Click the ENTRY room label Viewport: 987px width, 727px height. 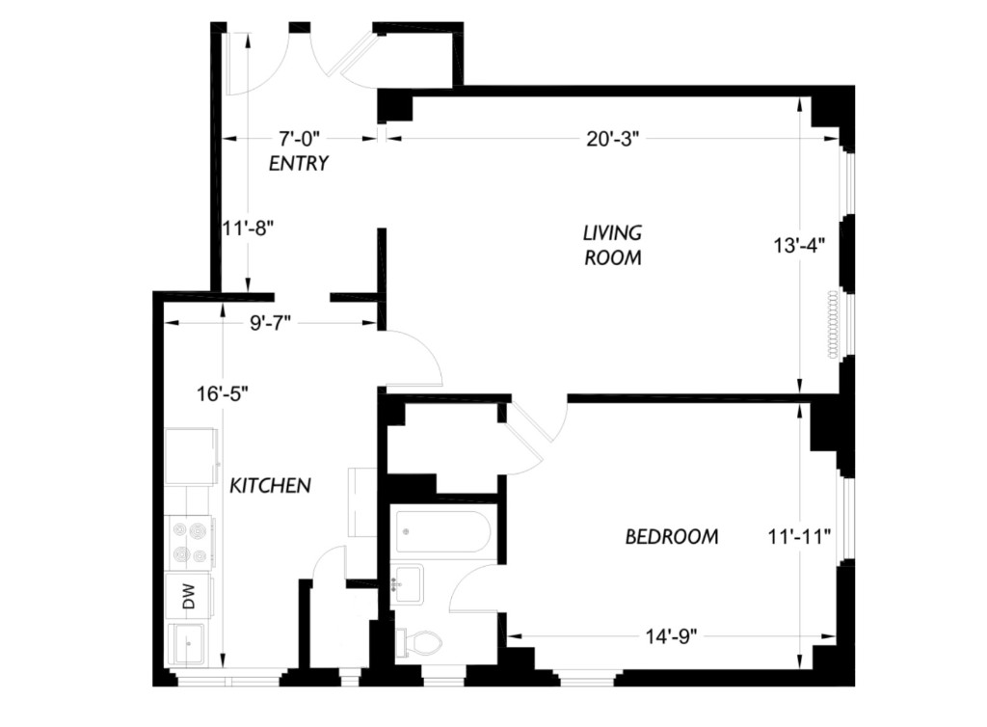click(299, 164)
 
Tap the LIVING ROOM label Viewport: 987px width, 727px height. click(612, 245)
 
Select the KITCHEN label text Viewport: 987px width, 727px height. click(270, 485)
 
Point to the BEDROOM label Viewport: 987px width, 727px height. click(672, 536)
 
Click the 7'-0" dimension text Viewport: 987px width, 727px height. click(300, 137)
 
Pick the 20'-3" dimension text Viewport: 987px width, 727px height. click(612, 139)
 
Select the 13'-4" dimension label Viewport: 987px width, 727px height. click(799, 245)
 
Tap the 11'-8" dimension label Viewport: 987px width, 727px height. click(249, 228)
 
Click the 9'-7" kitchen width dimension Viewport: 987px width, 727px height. click(270, 323)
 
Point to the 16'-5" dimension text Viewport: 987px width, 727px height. click(223, 394)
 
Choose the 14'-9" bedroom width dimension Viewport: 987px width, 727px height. click(672, 637)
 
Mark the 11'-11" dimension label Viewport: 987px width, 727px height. click(799, 537)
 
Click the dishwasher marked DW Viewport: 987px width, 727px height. click(189, 596)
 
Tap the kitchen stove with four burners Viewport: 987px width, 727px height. click(191, 543)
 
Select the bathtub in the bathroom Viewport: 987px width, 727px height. click(443, 531)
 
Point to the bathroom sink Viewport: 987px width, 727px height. click(407, 584)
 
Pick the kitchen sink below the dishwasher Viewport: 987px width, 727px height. click(188, 644)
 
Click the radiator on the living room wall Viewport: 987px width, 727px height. click(834, 325)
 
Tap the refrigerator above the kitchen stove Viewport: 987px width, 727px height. click(192, 456)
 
